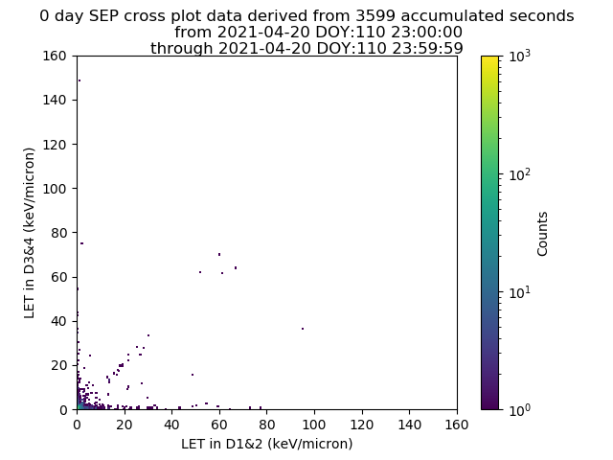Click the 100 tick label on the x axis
[x=314, y=425]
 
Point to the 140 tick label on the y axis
[x=55, y=100]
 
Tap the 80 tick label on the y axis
[x=58, y=233]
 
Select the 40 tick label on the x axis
[x=171, y=425]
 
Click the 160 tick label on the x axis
[x=457, y=425]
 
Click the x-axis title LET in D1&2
[x=267, y=444]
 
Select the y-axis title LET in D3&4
[x=30, y=233]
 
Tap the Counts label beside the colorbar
[x=542, y=234]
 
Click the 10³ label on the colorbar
[x=520, y=56]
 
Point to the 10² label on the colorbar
[x=520, y=174]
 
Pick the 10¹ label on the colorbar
[x=520, y=292]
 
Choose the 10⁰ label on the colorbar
[x=520, y=409]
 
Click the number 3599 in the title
[x=375, y=16]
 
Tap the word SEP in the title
[x=104, y=16]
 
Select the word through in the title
[x=182, y=49]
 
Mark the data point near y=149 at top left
[x=79, y=80]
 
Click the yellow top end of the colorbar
[x=489, y=57]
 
